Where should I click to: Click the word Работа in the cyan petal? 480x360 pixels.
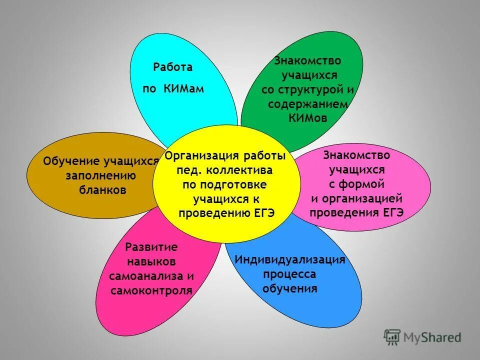coord(172,67)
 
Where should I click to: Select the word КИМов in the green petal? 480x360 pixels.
coord(307,117)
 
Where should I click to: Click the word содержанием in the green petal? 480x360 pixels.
coord(307,104)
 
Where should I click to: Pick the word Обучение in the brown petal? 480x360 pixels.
coord(72,161)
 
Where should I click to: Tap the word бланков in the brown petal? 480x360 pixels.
coord(103,190)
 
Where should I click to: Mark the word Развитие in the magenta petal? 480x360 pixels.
coord(151,247)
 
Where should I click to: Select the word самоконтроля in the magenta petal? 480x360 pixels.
coord(151,290)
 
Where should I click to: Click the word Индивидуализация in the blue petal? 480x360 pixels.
coord(290,260)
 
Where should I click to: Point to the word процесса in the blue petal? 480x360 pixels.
coord(289,274)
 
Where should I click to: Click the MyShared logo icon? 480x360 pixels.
coord(392,337)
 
